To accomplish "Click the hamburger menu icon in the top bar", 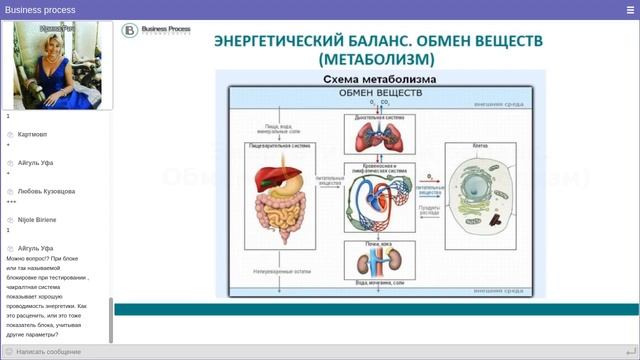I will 630,9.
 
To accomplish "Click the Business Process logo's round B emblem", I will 129,31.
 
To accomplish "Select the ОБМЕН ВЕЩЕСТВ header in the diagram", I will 380,92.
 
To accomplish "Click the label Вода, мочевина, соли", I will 380,283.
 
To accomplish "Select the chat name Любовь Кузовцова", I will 46,191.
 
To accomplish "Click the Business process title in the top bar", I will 40,9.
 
